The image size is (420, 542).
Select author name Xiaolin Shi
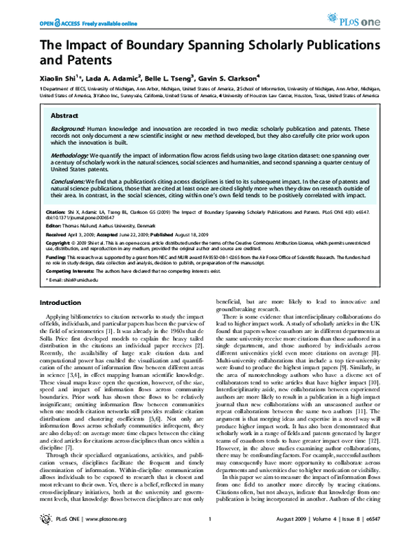click(58, 78)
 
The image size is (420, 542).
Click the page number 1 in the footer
click(210, 529)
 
